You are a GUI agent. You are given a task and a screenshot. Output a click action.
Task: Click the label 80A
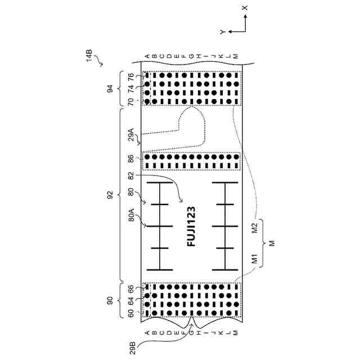[130, 217]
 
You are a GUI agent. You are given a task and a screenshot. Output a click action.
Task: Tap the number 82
[130, 176]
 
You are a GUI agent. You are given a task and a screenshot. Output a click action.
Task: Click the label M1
[254, 259]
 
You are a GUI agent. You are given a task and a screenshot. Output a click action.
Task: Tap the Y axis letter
[223, 32]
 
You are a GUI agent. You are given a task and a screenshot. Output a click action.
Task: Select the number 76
[130, 76]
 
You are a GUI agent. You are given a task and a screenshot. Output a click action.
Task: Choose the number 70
[130, 102]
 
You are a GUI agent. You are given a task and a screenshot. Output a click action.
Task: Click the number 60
[130, 313]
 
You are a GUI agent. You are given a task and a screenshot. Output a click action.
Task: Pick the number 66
[130, 289]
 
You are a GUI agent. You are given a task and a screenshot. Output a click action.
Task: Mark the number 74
[130, 88]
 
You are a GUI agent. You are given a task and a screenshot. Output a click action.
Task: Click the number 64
[130, 301]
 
